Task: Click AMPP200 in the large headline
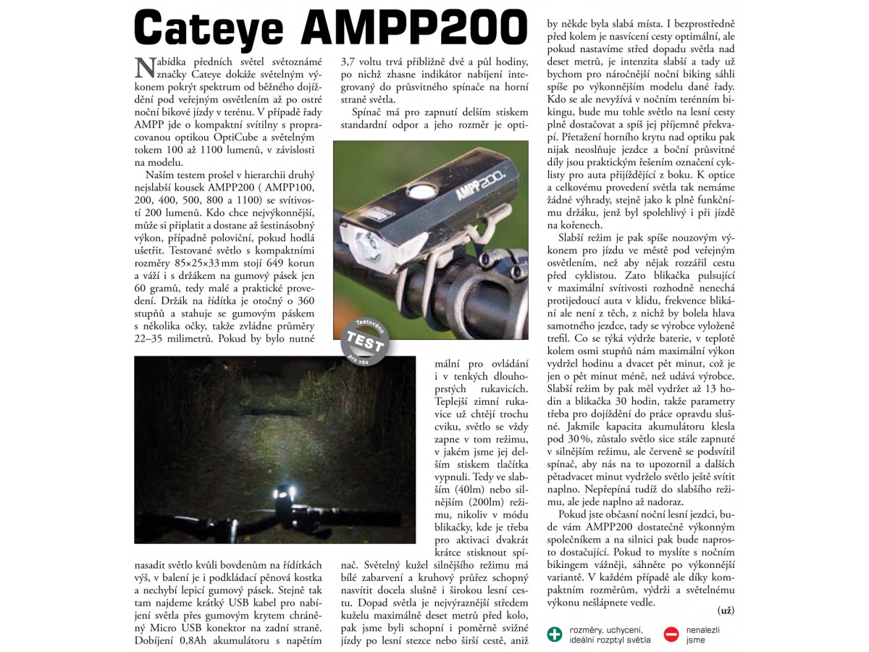coord(416,29)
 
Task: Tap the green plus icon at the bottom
coord(555,634)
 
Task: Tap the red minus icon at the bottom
coord(671,634)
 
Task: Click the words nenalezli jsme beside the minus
coord(704,635)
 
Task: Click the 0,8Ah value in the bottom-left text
coord(197,640)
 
